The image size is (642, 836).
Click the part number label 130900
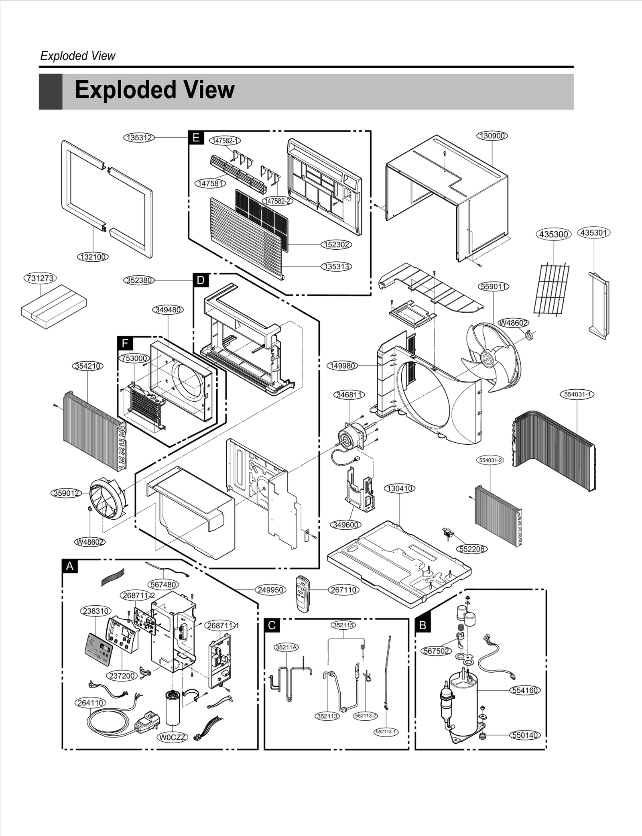492,136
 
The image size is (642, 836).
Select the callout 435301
593,233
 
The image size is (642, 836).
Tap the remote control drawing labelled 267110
303,594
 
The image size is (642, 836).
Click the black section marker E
196,138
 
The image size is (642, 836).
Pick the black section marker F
125,343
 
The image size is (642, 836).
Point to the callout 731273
40,278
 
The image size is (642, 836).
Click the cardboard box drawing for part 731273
54,307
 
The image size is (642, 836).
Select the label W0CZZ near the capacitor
173,737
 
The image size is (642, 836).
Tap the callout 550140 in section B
525,735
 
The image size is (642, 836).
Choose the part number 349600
346,525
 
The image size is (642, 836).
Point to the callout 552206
472,549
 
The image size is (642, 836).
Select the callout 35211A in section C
286,647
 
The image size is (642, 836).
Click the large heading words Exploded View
154,90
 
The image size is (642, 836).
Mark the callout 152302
336,244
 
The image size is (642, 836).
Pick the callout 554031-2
491,460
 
